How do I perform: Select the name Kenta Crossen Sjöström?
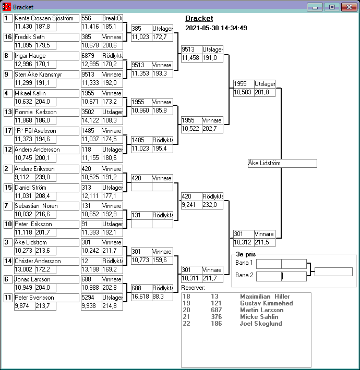tap(46, 18)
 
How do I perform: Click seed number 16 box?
tap(8, 37)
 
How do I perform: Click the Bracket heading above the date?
tap(199, 19)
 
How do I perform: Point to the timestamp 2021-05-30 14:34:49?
tap(216, 28)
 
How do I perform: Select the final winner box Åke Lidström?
tap(282, 164)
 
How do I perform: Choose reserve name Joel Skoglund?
tap(261, 324)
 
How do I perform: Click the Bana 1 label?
tap(244, 263)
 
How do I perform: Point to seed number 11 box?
tap(8, 298)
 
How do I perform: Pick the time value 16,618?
tap(140, 296)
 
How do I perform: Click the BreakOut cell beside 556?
tap(112, 18)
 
